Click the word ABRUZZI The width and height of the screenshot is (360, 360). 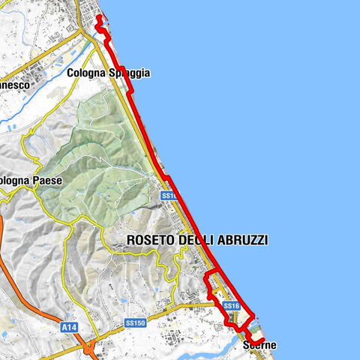point(242,240)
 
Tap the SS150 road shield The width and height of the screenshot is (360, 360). point(135,323)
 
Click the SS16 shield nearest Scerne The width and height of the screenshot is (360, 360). point(231,306)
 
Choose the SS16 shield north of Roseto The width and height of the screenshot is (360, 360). point(168,195)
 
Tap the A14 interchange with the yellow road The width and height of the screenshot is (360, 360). point(88,346)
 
